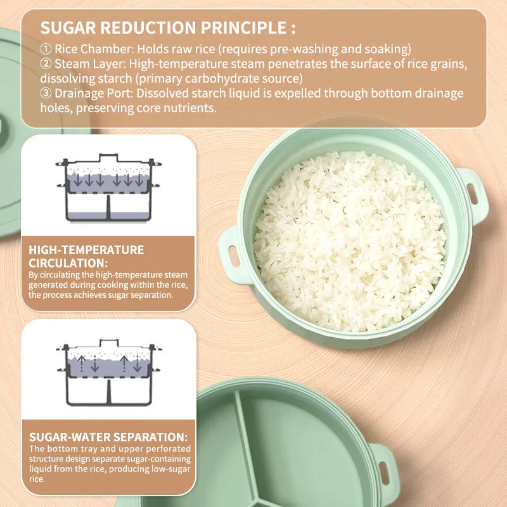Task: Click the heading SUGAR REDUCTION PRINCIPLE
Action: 168,27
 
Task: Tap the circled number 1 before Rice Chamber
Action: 46,49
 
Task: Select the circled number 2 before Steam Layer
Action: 46,64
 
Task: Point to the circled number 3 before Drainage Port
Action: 46,93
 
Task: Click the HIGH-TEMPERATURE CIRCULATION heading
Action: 86,257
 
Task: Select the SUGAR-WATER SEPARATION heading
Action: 108,437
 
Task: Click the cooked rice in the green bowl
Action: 350,241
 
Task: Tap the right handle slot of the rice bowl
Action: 472,194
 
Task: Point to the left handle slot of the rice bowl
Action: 234,256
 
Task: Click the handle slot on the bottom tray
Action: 384,473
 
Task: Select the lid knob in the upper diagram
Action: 108,158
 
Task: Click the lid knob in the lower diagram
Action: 108,343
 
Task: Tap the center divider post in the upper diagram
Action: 108,208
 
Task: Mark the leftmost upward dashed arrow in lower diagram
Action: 82,363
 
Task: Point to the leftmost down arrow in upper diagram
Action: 77,180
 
